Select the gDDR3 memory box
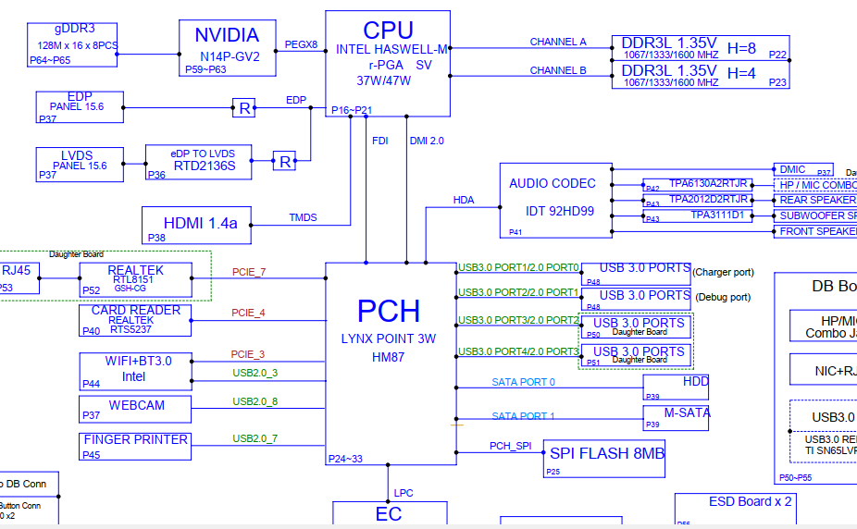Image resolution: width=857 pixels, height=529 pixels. (74, 43)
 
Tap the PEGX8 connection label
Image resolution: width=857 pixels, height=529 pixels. (301, 44)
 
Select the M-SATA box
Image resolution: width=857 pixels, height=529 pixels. (677, 418)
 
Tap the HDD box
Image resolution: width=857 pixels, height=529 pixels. (677, 388)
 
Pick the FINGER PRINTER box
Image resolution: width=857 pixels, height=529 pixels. (136, 446)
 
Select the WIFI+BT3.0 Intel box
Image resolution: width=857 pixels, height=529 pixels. (136, 370)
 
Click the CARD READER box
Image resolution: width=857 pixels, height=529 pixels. (136, 320)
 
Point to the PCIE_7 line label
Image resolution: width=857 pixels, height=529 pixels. (248, 272)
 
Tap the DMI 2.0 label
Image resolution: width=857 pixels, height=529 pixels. (427, 141)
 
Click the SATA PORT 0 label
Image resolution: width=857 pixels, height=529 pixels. (524, 382)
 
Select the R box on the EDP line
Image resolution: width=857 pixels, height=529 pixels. (243, 107)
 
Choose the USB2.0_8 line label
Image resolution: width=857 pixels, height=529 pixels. (255, 401)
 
